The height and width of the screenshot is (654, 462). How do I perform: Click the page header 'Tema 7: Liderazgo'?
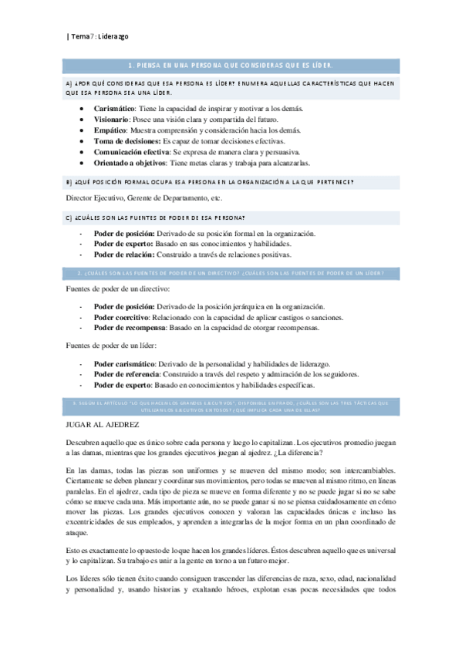click(x=99, y=36)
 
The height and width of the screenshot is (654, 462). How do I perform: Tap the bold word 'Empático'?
click(x=111, y=131)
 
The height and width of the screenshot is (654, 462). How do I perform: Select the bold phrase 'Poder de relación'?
click(x=124, y=254)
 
